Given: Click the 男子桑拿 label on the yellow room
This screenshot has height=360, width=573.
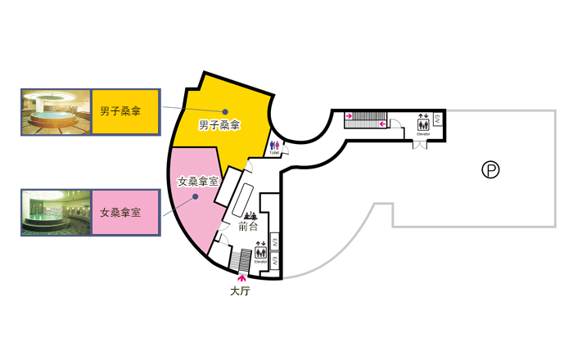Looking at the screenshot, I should tap(219, 125).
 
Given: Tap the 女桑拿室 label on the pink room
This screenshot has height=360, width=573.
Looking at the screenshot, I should tap(198, 181).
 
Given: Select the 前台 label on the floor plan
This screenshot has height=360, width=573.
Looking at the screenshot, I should tap(248, 227).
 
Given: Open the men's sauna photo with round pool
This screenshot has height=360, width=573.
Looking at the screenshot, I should tap(56, 111).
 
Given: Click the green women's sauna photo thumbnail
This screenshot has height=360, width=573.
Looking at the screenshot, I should tap(56, 212).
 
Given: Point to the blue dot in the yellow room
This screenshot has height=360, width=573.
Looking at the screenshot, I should tap(225, 112).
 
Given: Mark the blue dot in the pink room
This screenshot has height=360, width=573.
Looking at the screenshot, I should tap(196, 197).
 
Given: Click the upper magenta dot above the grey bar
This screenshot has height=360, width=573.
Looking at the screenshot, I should tap(349, 115).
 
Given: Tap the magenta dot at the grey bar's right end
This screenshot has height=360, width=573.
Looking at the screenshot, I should tap(382, 124).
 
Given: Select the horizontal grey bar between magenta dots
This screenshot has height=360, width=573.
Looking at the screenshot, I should tap(363, 124).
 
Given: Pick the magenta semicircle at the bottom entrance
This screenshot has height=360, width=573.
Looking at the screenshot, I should tap(239, 279).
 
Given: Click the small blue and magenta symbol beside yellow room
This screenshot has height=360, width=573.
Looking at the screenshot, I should tap(275, 145).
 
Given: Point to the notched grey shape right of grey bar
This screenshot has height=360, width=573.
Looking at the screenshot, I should tap(396, 124).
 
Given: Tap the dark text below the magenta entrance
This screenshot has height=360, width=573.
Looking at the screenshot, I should tap(240, 290).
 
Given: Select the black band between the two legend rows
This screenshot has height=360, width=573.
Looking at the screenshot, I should tap(91, 162).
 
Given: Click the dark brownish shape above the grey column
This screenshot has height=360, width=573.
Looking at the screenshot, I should tap(422, 124).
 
